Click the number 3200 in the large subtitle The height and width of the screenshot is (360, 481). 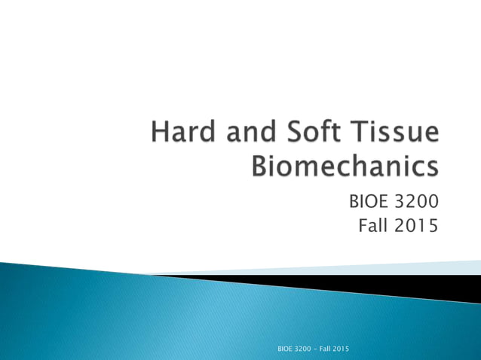click(415, 202)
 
